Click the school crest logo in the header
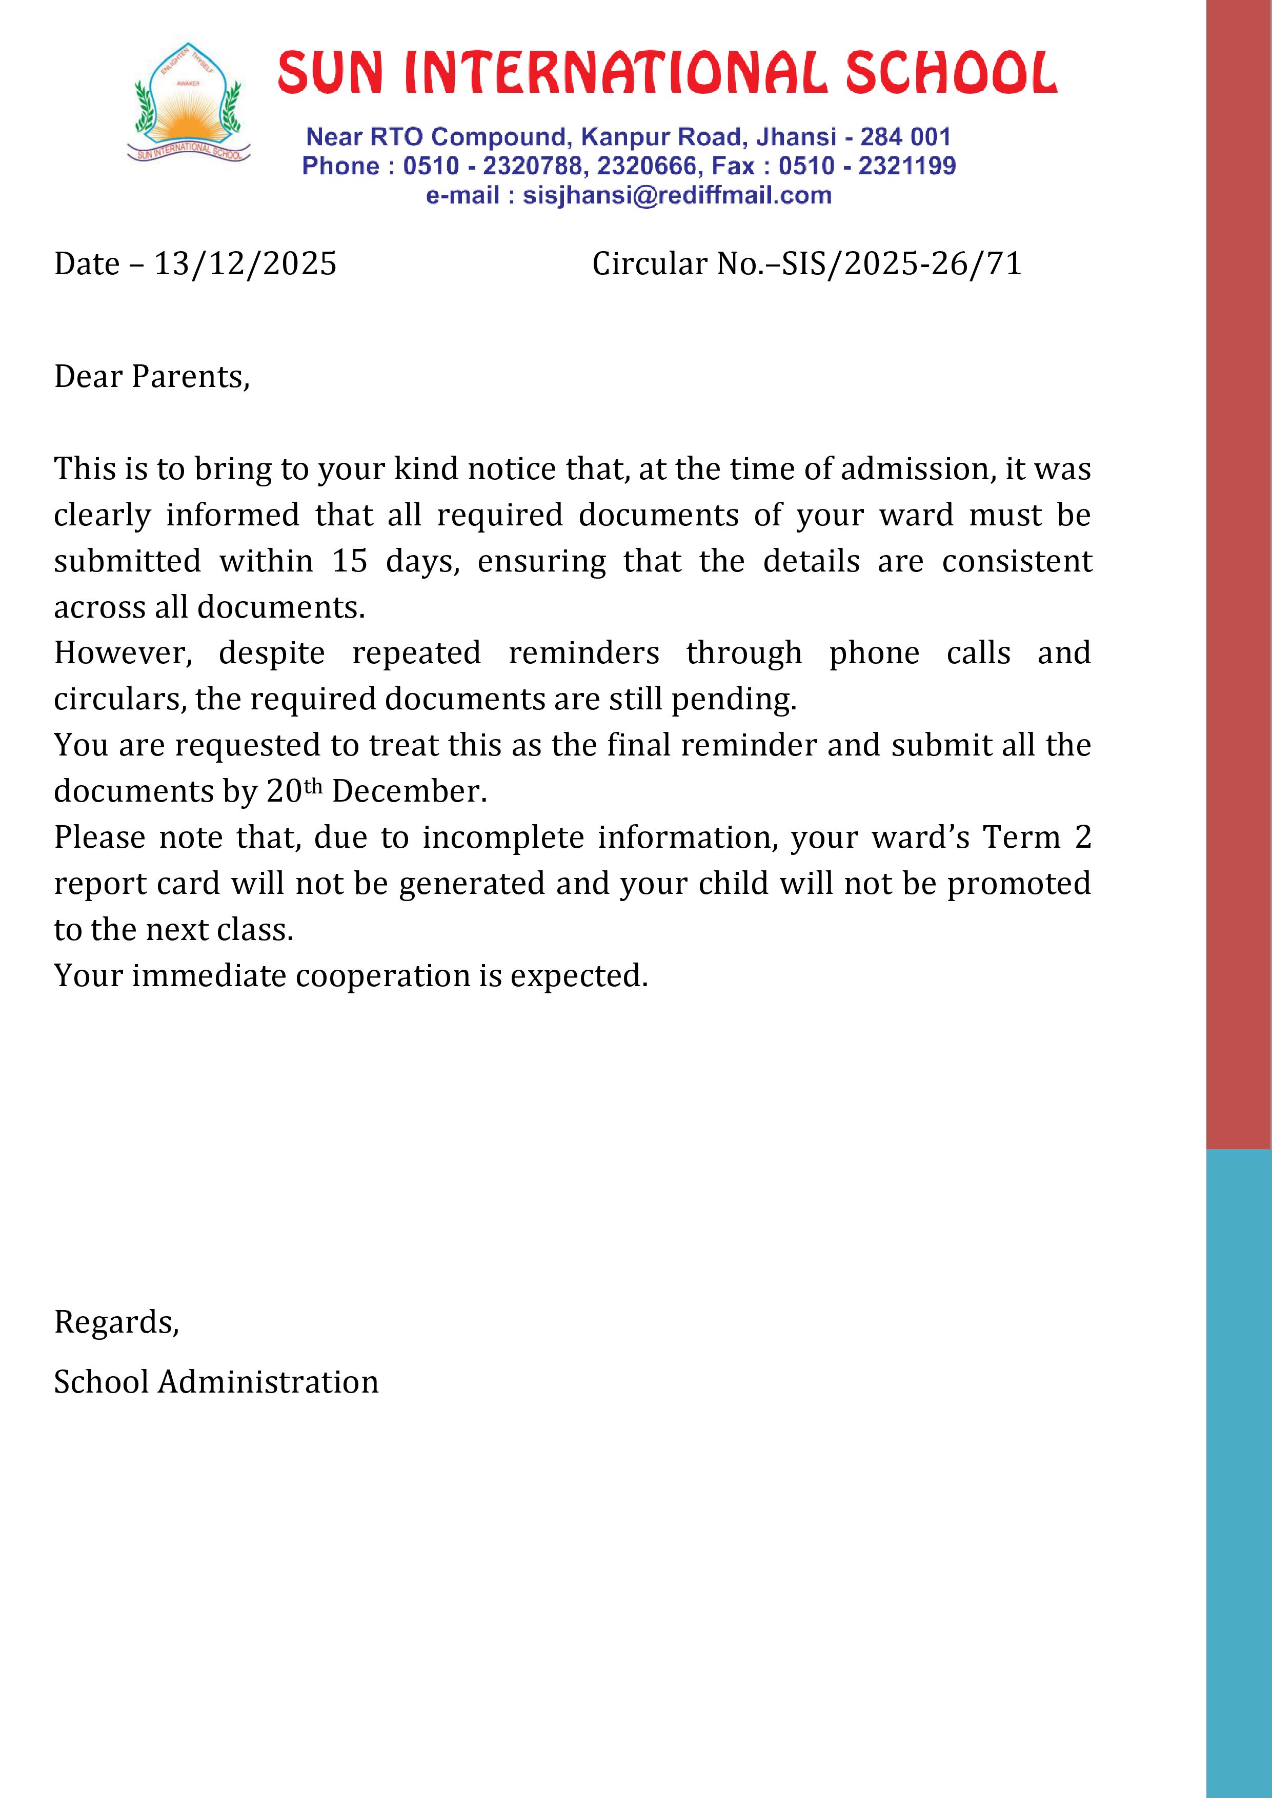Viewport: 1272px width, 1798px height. (189, 104)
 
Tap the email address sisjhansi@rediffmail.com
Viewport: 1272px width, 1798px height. (677, 195)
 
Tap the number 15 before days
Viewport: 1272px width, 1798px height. (349, 561)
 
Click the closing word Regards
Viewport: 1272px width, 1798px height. (116, 1322)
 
